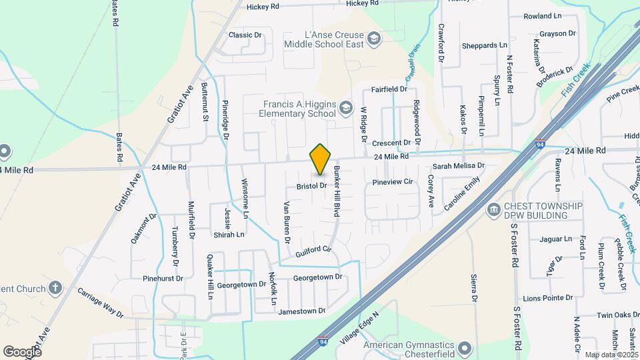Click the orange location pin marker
pyautogui.click(x=321, y=159)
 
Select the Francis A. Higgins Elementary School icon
pyautogui.click(x=345, y=107)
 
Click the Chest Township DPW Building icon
pyautogui.click(x=493, y=210)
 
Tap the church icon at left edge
pyautogui.click(x=55, y=289)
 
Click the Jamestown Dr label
pyautogui.click(x=302, y=311)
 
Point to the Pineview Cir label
pyautogui.click(x=393, y=181)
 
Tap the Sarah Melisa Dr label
pyautogui.click(x=459, y=165)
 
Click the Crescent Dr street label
pyautogui.click(x=391, y=143)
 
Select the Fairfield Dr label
pyautogui.click(x=389, y=89)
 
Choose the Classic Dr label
pyautogui.click(x=245, y=35)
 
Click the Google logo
pyautogui.click(x=22, y=351)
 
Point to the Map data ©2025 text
pyautogui.click(x=611, y=355)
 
